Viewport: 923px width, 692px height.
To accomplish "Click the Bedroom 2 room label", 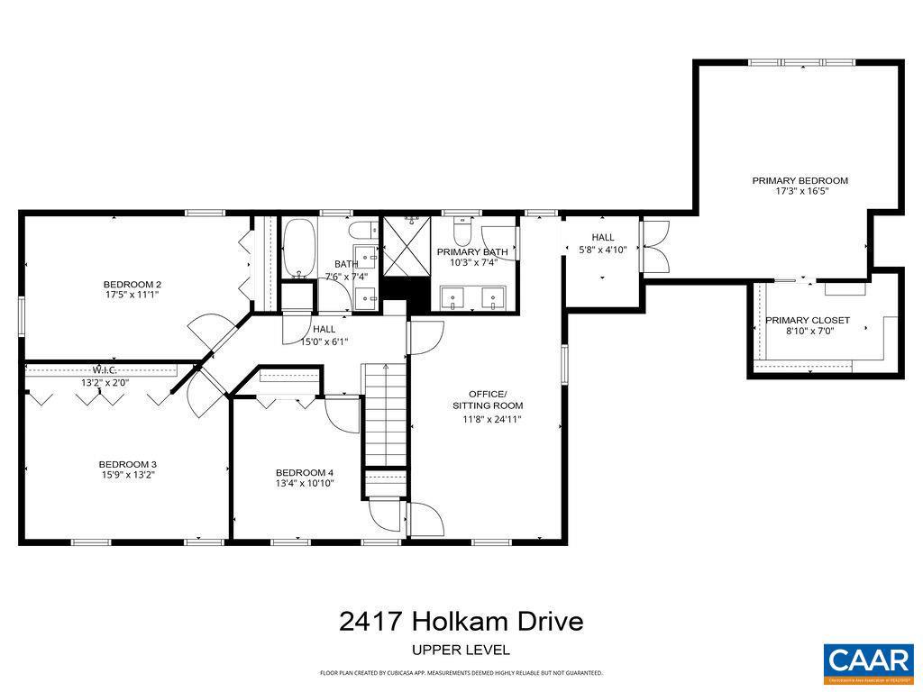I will click(x=132, y=285).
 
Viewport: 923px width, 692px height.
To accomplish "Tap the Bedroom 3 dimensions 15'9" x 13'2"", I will click(x=127, y=475).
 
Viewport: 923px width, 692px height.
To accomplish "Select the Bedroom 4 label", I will click(x=305, y=473).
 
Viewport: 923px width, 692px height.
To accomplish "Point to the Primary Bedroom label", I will click(x=800, y=180).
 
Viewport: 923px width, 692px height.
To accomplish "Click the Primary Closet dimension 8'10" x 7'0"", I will click(x=807, y=332).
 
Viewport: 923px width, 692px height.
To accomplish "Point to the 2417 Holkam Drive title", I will click(x=461, y=622).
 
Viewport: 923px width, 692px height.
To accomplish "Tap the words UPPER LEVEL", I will click(x=461, y=650).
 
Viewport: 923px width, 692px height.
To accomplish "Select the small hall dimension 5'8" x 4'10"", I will click(x=603, y=250).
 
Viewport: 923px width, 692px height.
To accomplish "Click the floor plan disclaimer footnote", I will click(x=461, y=673).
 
